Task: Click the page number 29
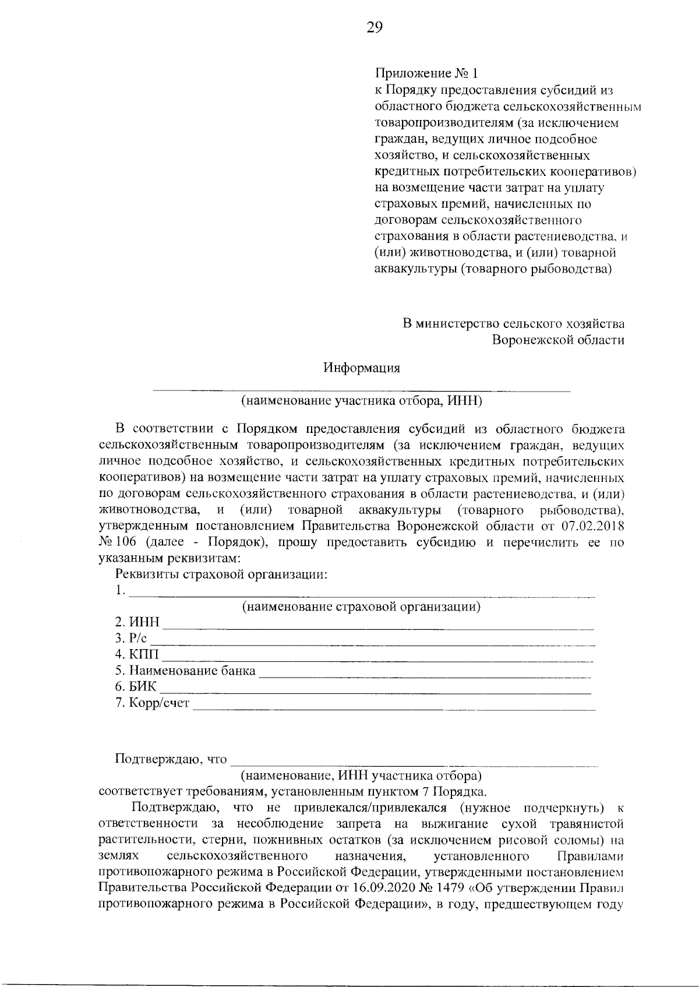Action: [375, 27]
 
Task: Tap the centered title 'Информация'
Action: [362, 368]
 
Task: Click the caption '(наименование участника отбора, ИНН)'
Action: [361, 401]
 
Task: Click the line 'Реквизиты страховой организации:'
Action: [221, 575]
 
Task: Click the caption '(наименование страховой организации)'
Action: [361, 607]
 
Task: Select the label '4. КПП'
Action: [136, 655]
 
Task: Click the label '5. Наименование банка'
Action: [185, 671]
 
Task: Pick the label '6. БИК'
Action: [136, 687]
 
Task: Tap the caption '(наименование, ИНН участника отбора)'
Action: [361, 776]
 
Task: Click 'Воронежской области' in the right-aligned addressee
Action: [558, 340]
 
